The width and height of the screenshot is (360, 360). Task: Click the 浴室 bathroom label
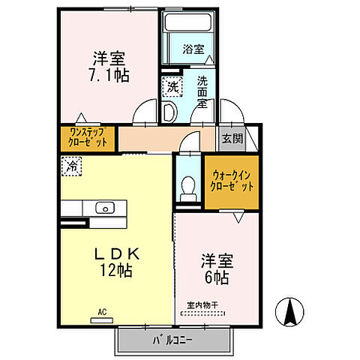click(193, 49)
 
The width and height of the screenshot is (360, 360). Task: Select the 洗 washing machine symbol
click(172, 88)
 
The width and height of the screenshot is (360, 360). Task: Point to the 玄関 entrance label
click(232, 138)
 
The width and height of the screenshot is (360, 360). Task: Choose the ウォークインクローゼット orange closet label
click(232, 181)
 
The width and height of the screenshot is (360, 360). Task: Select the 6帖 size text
click(216, 277)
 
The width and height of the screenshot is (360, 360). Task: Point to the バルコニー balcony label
click(173, 340)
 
